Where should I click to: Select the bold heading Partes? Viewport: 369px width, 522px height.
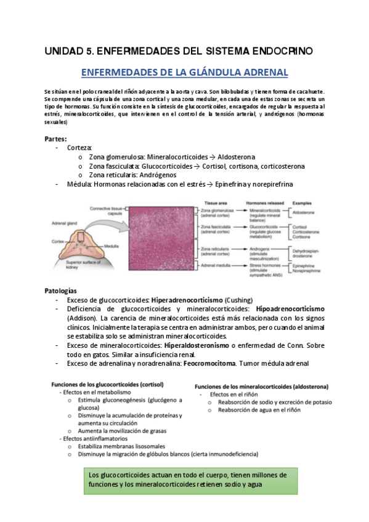point(56,139)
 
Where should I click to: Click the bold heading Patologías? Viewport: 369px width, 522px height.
point(61,289)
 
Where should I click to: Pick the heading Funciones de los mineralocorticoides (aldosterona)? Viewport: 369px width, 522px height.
point(261,387)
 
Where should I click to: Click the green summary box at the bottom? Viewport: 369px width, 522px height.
point(190,481)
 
